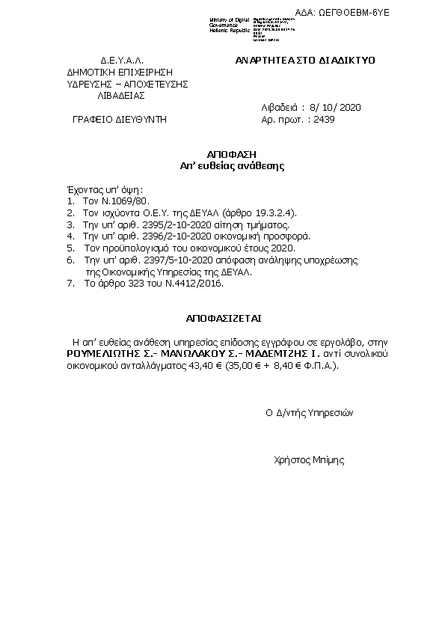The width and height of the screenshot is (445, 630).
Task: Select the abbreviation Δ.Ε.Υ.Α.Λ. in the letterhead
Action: (122, 60)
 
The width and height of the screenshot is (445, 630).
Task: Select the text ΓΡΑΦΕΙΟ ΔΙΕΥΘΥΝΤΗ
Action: (120, 119)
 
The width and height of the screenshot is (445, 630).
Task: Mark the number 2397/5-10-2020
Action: (165, 258)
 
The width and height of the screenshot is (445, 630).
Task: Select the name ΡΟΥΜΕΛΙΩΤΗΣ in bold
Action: (104, 352)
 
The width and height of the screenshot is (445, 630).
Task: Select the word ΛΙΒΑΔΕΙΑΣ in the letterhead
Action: (122, 96)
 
